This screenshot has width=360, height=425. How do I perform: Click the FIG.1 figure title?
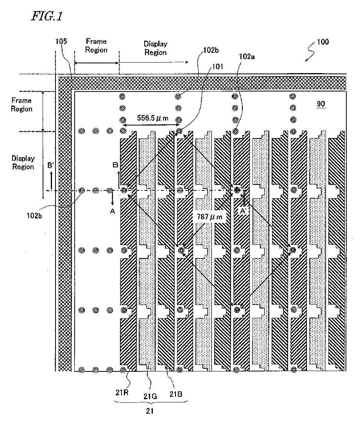(46, 16)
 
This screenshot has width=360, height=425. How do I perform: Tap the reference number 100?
(321, 42)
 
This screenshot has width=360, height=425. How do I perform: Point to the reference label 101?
(217, 66)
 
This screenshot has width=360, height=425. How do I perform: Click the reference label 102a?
(247, 57)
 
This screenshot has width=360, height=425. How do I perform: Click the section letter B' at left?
(50, 165)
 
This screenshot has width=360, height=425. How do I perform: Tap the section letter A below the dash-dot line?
(112, 211)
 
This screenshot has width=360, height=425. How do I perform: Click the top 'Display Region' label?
(155, 48)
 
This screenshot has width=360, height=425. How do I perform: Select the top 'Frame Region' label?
(96, 45)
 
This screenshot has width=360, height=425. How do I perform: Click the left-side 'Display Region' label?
(23, 163)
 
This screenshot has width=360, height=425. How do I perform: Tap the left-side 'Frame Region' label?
(21, 104)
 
